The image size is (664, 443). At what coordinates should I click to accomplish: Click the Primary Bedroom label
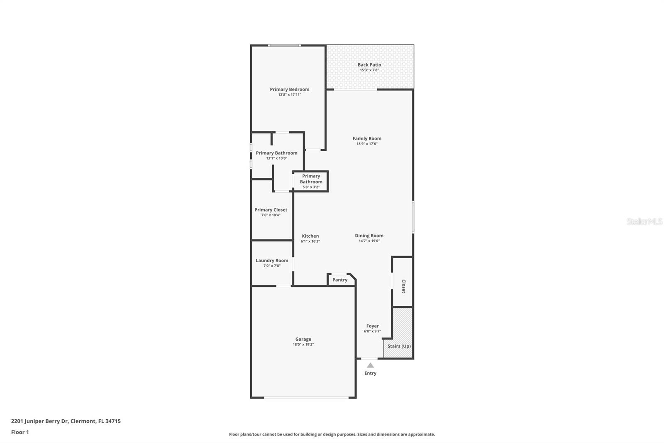click(x=289, y=89)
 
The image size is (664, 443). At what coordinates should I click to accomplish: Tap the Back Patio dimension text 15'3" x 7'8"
click(x=369, y=70)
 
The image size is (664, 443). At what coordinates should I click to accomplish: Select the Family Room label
click(x=367, y=138)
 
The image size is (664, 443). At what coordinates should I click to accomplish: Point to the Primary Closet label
click(x=271, y=210)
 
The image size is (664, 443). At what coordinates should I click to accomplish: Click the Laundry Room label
click(x=272, y=261)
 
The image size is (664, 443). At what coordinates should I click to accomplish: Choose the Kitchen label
click(x=310, y=236)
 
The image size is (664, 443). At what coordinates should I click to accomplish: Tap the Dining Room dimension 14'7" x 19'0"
click(x=369, y=241)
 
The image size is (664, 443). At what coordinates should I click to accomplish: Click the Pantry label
click(x=339, y=280)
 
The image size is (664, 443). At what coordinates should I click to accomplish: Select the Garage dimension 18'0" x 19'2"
click(x=303, y=345)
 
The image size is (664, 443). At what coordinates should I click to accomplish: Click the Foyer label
click(x=372, y=326)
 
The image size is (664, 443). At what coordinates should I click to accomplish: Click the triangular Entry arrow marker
click(x=370, y=366)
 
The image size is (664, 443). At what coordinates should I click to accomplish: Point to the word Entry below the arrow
click(x=370, y=373)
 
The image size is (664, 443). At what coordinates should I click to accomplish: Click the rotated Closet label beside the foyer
click(x=403, y=286)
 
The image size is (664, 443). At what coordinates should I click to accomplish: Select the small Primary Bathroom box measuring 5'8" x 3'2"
click(x=311, y=181)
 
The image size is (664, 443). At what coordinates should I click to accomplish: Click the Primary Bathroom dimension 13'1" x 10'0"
click(x=276, y=158)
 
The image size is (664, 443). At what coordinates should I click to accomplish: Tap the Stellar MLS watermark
click(x=644, y=221)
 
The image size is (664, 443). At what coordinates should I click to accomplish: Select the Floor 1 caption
click(x=20, y=432)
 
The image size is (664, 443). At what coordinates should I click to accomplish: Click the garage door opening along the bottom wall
click(x=306, y=398)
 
